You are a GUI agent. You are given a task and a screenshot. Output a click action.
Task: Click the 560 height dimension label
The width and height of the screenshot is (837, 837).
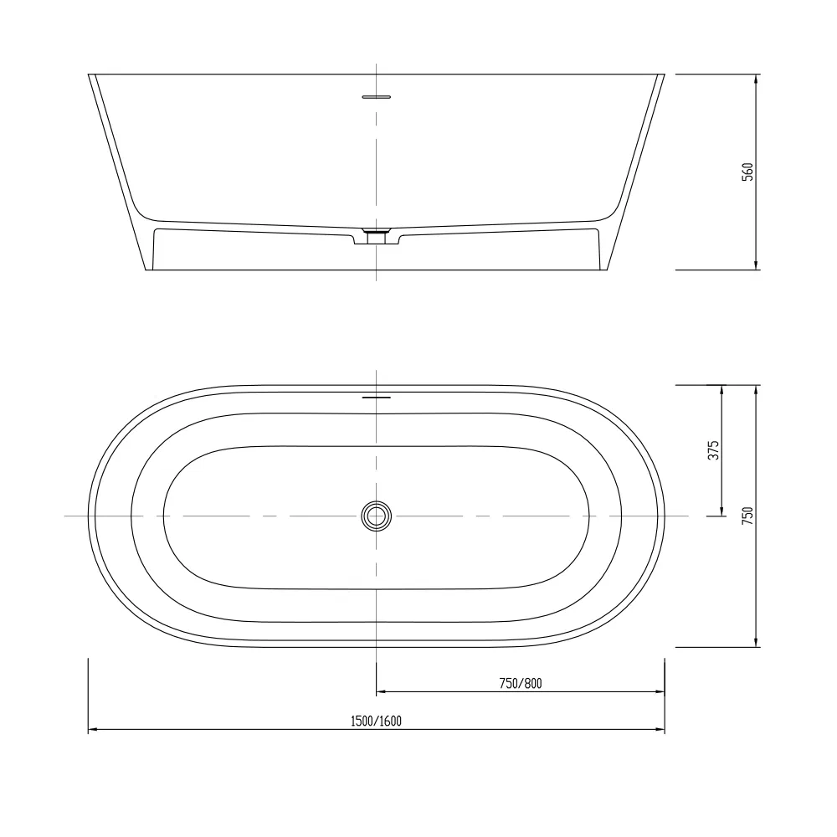748,172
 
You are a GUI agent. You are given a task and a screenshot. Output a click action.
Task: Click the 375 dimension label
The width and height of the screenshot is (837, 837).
713,450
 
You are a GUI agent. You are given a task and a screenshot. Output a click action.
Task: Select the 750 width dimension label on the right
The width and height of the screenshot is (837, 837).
748,516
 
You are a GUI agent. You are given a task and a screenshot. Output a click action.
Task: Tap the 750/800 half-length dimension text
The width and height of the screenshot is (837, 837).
521,683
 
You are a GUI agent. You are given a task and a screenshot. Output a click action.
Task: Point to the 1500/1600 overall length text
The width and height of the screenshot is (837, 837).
377,721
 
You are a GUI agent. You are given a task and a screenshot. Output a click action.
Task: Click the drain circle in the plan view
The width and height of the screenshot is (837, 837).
377,516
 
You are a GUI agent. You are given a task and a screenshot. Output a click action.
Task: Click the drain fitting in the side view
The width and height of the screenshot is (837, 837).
377,234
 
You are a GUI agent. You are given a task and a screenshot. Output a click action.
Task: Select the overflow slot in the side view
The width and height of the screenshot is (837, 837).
377,97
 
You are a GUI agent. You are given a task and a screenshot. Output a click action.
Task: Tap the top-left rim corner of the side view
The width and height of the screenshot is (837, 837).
90,74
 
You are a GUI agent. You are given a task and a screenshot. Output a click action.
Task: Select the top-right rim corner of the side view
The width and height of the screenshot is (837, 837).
664,74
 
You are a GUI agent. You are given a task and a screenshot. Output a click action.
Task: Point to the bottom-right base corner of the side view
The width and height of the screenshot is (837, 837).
607,270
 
